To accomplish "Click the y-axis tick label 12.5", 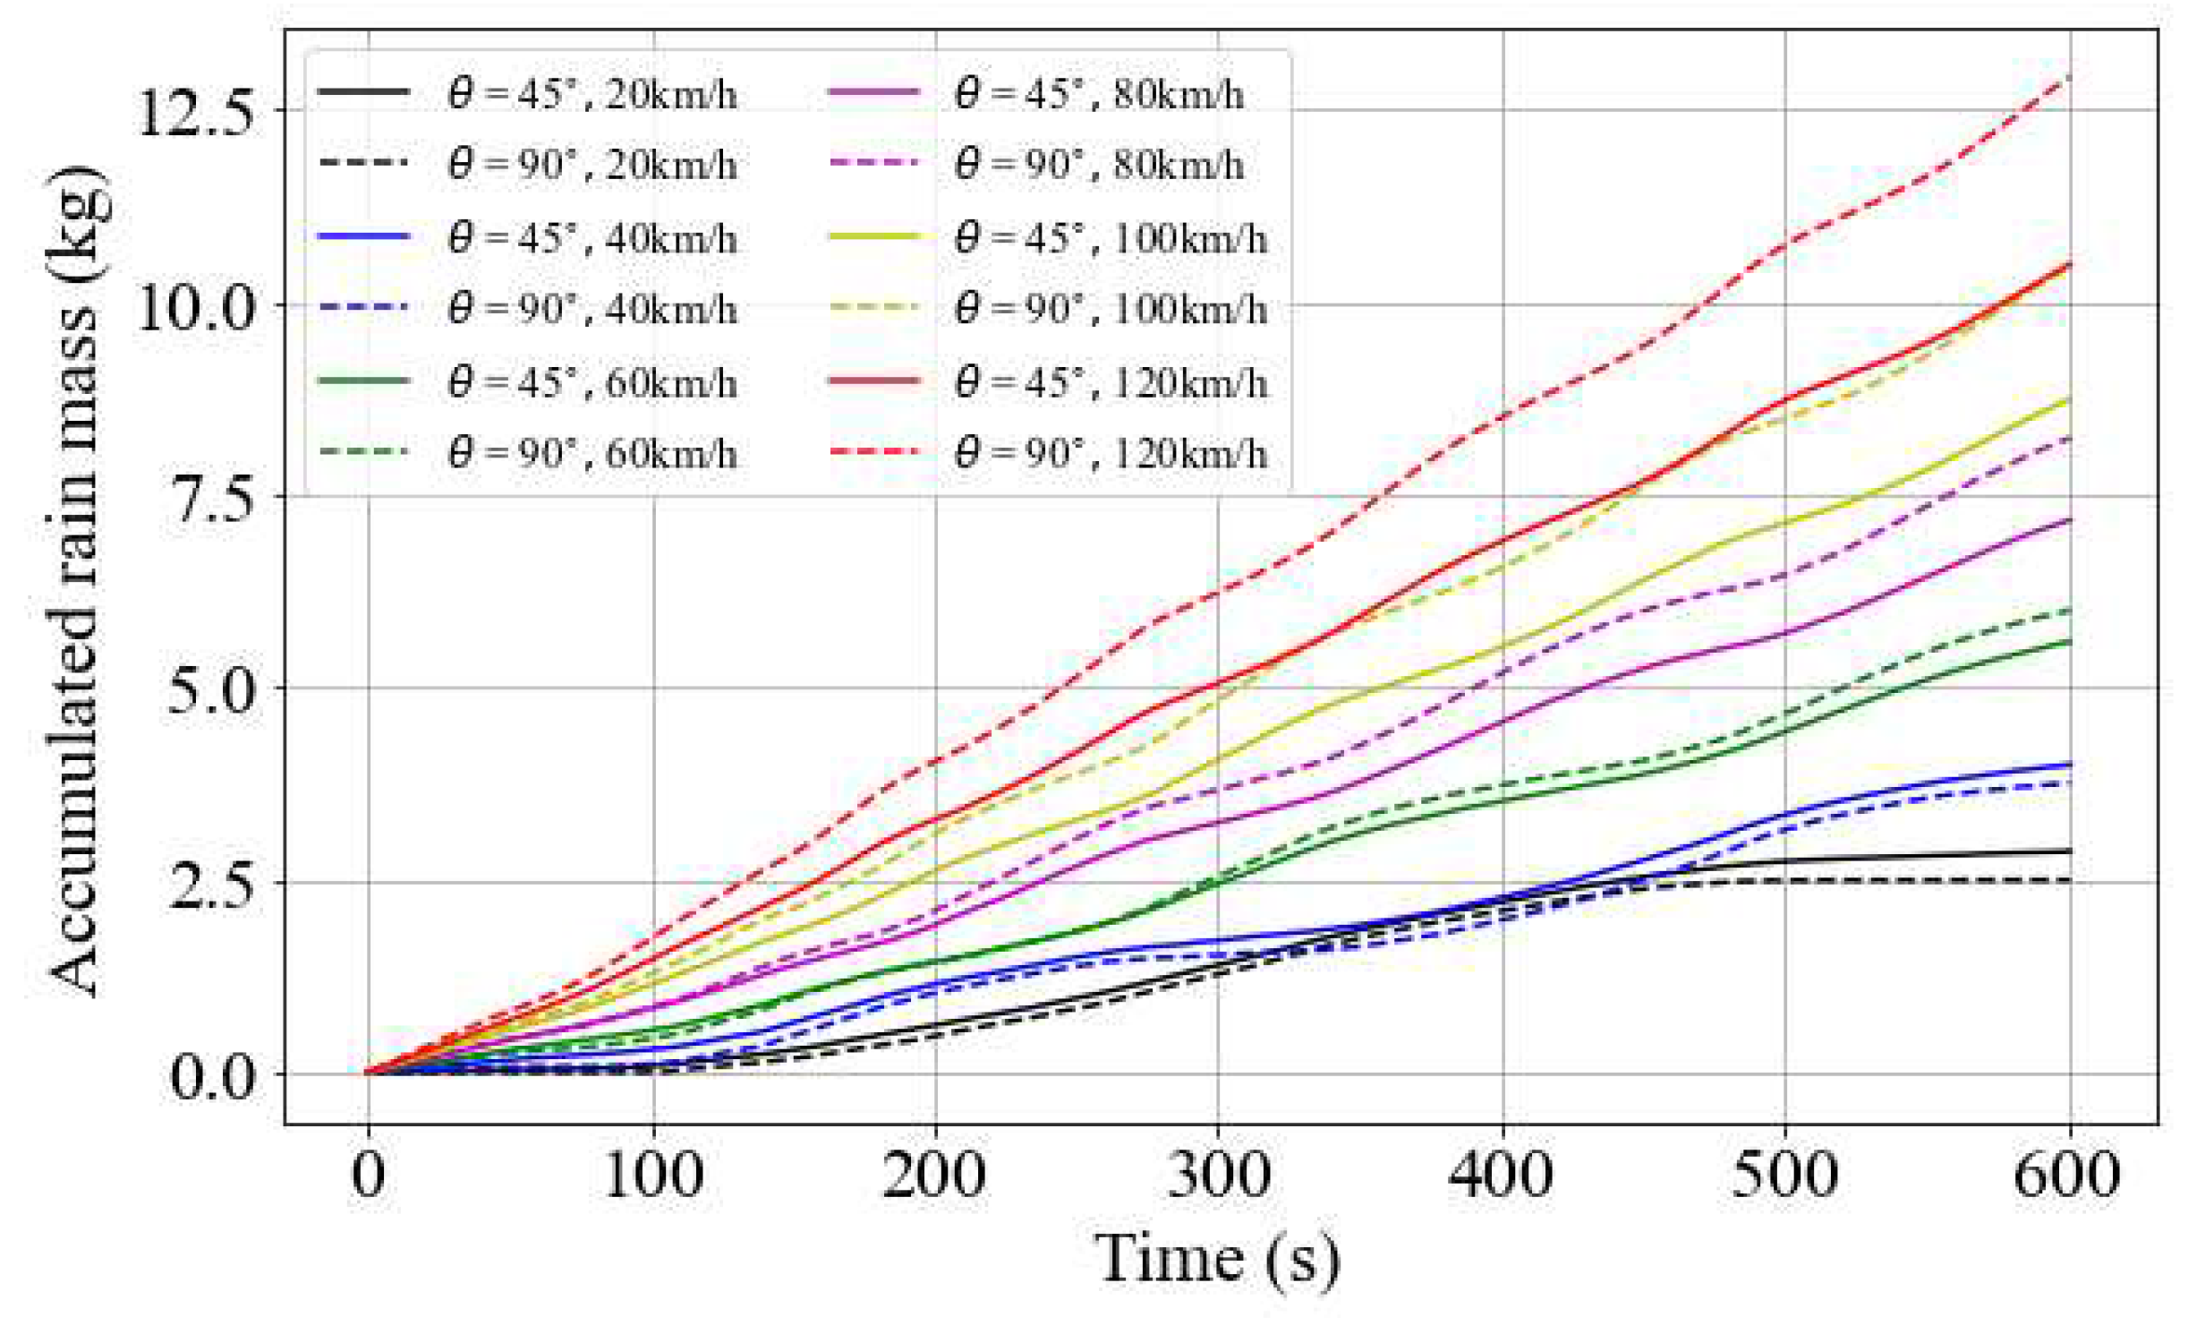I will [195, 114].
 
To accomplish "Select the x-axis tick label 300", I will [1218, 1175].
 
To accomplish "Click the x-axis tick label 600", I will [2067, 1175].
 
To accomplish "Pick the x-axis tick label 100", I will [653, 1175].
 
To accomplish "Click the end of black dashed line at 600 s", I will [2069, 880].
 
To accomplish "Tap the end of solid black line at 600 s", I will [2069, 851].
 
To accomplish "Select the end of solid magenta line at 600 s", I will [2069, 519].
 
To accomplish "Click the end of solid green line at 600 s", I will [2069, 641].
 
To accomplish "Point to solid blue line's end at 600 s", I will [2069, 764].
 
